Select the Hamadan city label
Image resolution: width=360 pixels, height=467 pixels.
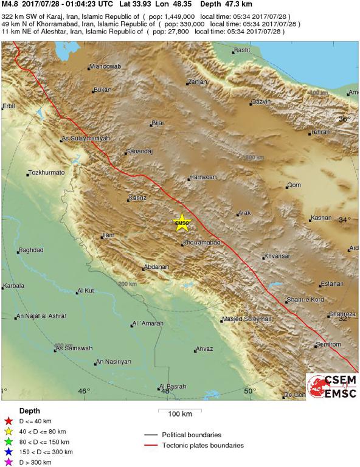pos(202,177)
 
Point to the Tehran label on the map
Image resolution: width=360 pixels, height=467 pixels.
pos(319,132)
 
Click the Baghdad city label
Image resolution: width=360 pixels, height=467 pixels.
pos(31,250)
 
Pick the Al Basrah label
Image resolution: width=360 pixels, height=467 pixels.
pos(172,387)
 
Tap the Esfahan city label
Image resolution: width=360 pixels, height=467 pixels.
pos(332,284)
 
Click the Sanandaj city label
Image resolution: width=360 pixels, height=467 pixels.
pos(139,151)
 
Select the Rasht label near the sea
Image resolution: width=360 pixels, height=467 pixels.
pos(243,50)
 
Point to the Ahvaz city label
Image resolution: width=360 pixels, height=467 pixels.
pos(204,349)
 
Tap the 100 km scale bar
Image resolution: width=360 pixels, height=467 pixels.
pos(180,413)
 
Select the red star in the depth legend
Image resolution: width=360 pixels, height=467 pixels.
pos(8,421)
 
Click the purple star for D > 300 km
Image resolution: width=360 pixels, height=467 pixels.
pos(8,463)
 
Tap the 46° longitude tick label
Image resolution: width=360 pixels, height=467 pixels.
pos(83,391)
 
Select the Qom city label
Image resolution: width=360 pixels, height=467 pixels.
pos(294,185)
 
